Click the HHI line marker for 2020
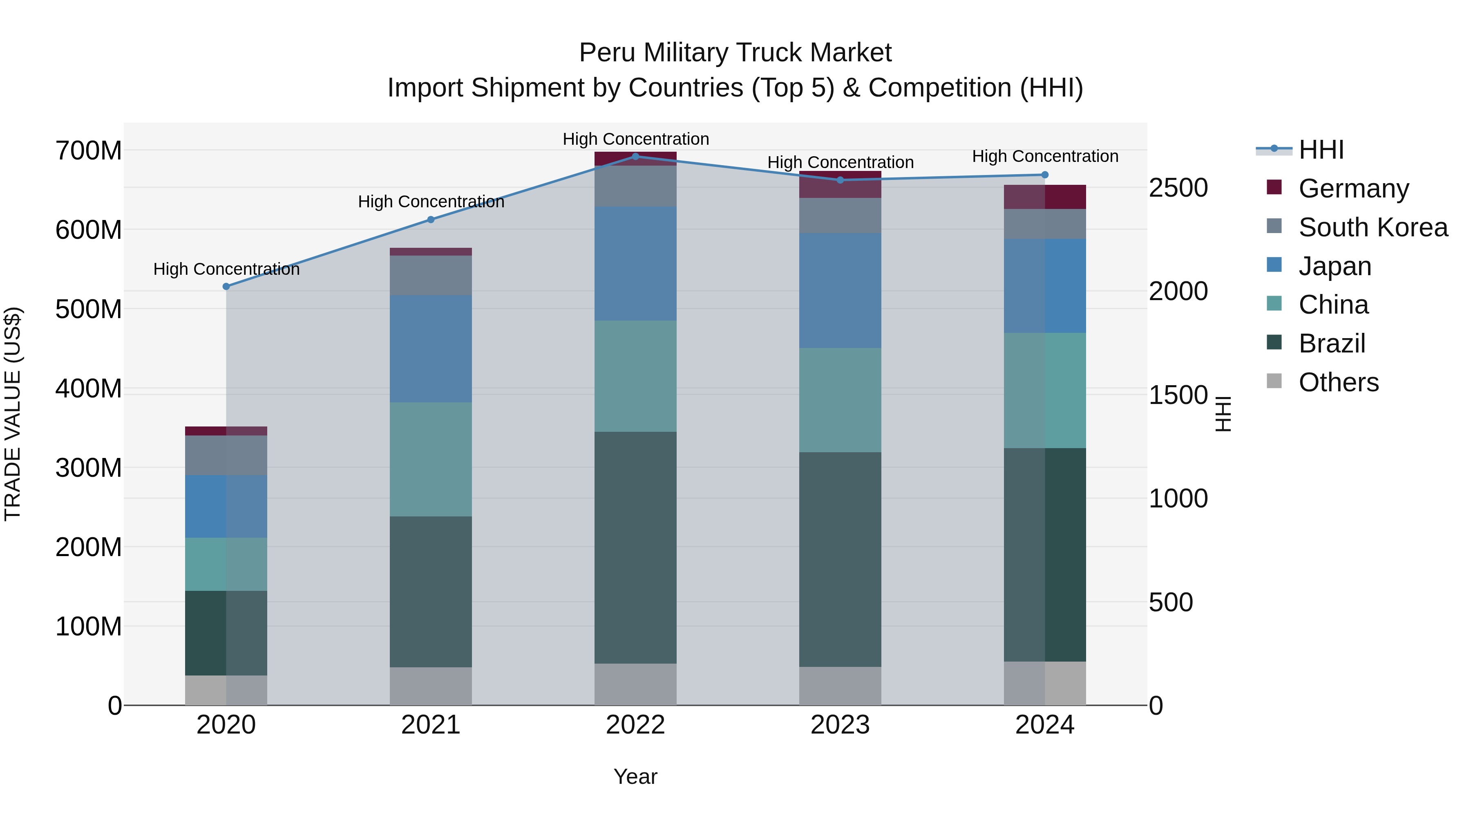click(226, 286)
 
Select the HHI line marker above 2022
click(635, 156)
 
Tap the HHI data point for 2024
click(1045, 175)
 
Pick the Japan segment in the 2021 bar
click(431, 348)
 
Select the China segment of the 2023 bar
click(840, 400)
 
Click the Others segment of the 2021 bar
click(431, 686)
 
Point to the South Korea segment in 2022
click(635, 186)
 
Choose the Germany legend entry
click(1353, 188)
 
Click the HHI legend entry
click(1321, 150)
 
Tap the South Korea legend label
click(1373, 227)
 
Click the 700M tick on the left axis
click(89, 151)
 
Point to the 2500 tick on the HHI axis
click(1178, 188)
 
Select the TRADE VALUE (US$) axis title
click(13, 414)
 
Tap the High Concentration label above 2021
click(431, 202)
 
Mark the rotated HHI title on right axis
click(1223, 414)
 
